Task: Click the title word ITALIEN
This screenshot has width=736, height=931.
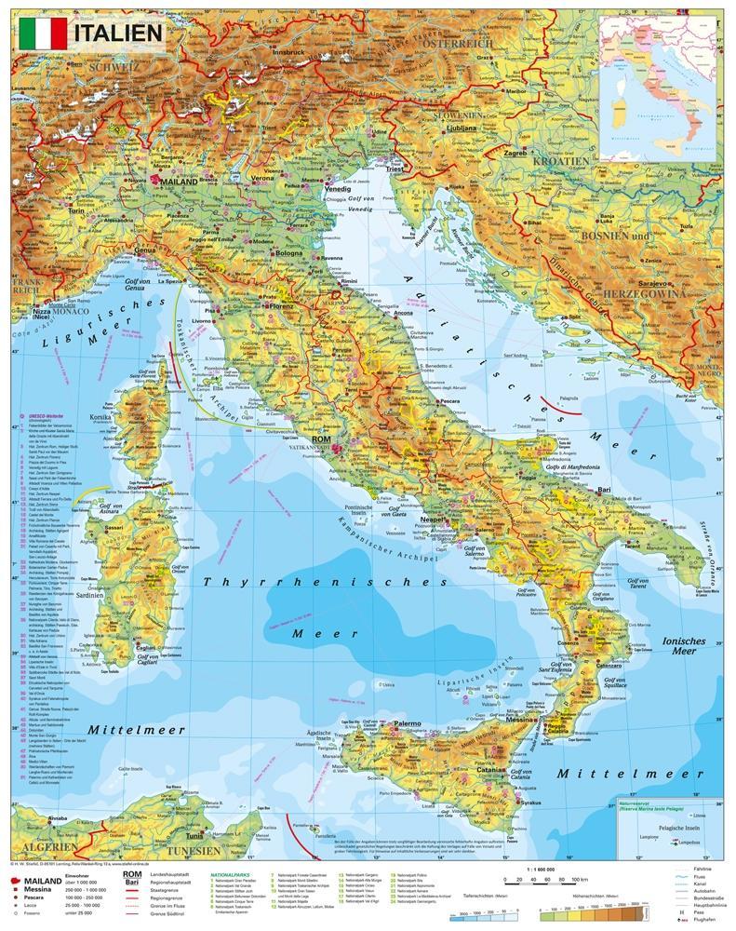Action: [117, 34]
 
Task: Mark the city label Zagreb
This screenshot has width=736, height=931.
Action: [516, 151]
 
